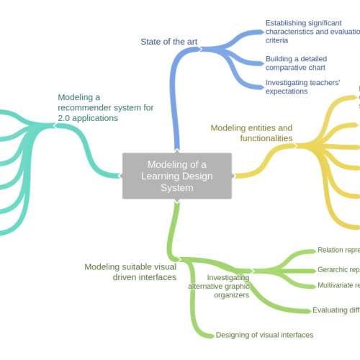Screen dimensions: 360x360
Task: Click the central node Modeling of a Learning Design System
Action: pyautogui.click(x=176, y=176)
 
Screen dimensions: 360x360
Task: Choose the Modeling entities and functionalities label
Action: pyautogui.click(x=251, y=132)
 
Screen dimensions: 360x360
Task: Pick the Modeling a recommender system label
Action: pyautogui.click(x=105, y=107)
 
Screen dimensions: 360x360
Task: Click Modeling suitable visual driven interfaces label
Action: pyautogui.click(x=130, y=271)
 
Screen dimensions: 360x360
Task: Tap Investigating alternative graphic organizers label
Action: pyautogui.click(x=219, y=286)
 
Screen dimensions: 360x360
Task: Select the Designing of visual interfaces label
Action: pyautogui.click(x=264, y=335)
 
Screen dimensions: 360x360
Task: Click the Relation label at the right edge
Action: pyautogui.click(x=338, y=251)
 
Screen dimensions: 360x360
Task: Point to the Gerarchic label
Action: pyautogui.click(x=338, y=270)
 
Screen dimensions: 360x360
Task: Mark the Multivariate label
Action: pyautogui.click(x=338, y=286)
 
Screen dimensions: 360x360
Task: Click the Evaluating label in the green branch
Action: pyautogui.click(x=336, y=310)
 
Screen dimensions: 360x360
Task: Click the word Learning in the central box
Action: pyautogui.click(x=168, y=176)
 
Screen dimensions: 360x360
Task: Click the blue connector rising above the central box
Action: pyautogui.click(x=175, y=108)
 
